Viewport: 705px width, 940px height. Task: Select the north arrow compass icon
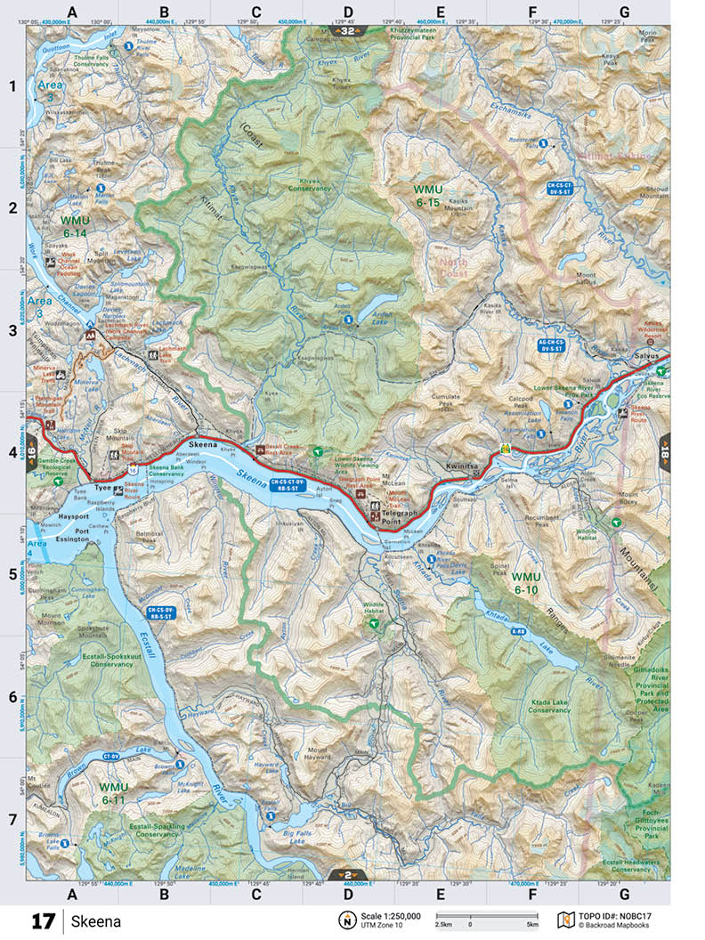click(345, 920)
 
